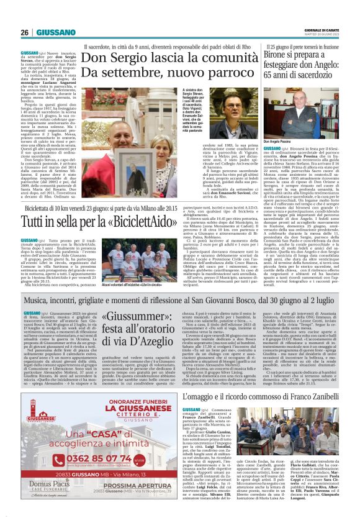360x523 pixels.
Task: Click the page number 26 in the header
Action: pyautogui.click(x=24, y=32)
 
